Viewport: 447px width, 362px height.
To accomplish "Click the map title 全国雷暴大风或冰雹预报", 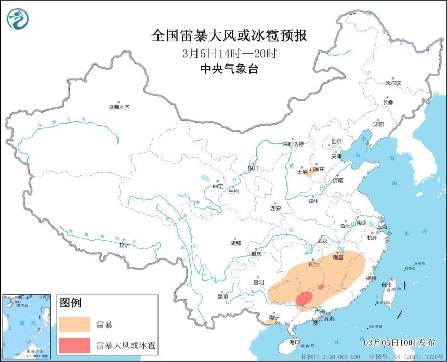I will pyautogui.click(x=229, y=35).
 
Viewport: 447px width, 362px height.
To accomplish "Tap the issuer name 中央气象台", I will pyautogui.click(x=229, y=69).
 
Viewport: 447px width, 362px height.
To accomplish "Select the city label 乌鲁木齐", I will pyautogui.click(x=119, y=107).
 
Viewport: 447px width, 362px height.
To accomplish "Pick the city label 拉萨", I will pyautogui.click(x=124, y=244).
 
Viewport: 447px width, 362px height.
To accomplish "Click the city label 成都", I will pyautogui.click(x=235, y=243).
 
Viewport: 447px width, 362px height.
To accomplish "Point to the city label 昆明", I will pyautogui.click(x=222, y=297).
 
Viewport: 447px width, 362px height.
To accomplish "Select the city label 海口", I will pyautogui.click(x=295, y=342).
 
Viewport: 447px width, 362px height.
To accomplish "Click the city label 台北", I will pyautogui.click(x=388, y=285).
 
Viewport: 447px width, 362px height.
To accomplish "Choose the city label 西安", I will pyautogui.click(x=275, y=208).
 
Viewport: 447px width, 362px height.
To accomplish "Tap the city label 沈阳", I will pyautogui.click(x=378, y=124).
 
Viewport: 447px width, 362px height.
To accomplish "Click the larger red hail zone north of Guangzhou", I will pyautogui.click(x=304, y=299).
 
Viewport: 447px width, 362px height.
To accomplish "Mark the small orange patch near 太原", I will pyautogui.click(x=308, y=174).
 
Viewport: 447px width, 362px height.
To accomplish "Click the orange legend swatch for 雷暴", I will pyautogui.click(x=74, y=325).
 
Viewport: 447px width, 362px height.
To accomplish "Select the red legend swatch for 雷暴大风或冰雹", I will pyautogui.click(x=74, y=345).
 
